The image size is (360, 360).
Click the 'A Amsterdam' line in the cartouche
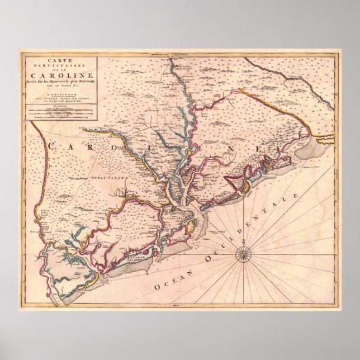[x=59, y=94]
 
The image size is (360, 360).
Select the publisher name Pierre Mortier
[x=59, y=98]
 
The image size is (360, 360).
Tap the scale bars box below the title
[x=59, y=112]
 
